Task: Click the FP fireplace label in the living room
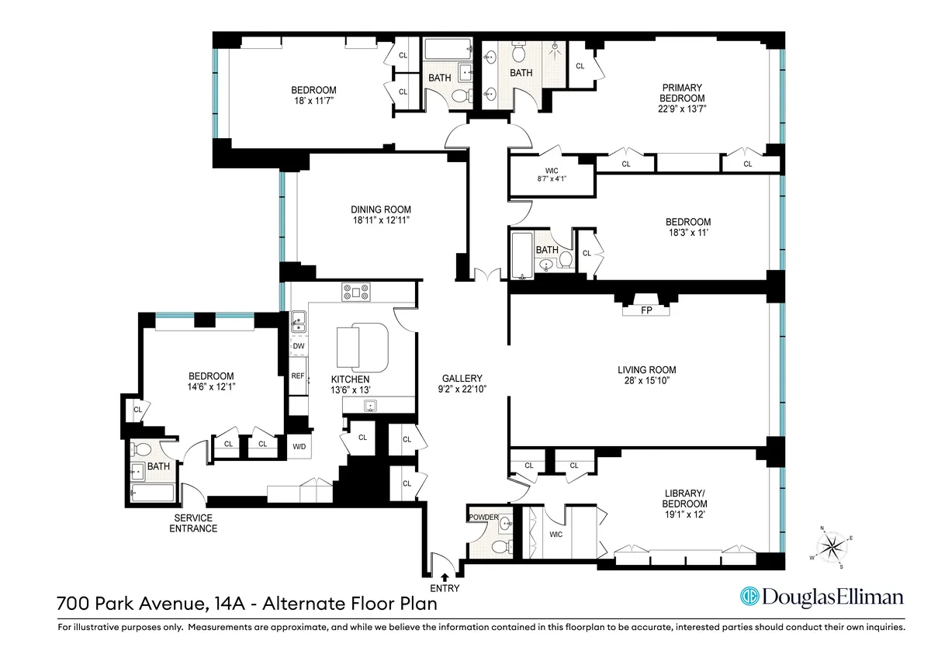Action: click(646, 311)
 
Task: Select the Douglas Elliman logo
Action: click(823, 597)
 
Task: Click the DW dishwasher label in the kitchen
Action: click(298, 346)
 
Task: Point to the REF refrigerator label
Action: click(298, 376)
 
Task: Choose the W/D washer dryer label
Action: click(299, 446)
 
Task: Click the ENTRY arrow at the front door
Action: click(444, 577)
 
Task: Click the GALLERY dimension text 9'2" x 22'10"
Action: click(462, 390)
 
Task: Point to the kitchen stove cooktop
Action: click(356, 293)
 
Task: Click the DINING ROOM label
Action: click(380, 210)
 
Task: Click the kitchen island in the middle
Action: click(362, 347)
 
